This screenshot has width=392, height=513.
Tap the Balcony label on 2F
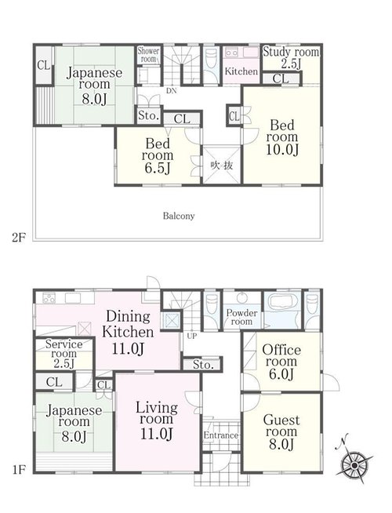[179, 216]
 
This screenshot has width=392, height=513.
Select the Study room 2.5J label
[291, 57]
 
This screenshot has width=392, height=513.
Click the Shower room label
[148, 55]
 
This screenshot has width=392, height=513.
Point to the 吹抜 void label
[222, 166]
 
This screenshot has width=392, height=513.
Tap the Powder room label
[241, 317]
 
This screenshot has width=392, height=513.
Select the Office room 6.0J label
[281, 362]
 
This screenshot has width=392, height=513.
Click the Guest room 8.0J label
[281, 431]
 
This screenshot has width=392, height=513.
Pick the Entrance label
[221, 435]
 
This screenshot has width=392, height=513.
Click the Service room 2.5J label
[64, 354]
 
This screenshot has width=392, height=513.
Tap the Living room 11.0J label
[157, 420]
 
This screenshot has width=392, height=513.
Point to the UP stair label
[192, 336]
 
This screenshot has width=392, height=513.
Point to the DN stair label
[172, 91]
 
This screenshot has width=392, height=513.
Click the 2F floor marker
[19, 237]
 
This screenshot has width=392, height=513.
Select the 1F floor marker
[19, 470]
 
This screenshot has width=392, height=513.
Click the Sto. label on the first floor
[203, 364]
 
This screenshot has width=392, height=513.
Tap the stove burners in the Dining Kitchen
[49, 298]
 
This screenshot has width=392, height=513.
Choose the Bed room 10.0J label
[281, 137]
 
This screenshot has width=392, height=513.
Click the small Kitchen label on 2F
[241, 71]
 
